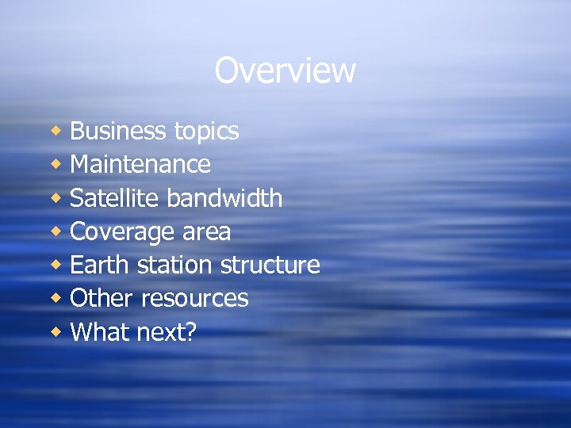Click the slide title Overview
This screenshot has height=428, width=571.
pos(285,71)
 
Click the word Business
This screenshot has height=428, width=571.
pos(117,131)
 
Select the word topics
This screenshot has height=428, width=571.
pos(204,132)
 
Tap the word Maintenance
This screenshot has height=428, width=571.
pos(140,164)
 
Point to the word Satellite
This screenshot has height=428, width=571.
pos(115,197)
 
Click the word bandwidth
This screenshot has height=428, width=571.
pos(224,197)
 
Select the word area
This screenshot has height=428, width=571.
pos(205,232)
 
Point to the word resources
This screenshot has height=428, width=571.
pos(194,299)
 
